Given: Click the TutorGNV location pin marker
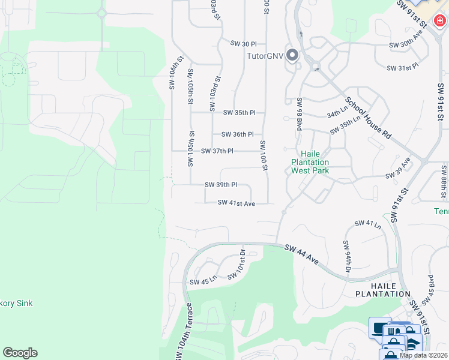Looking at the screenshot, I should [x=292, y=56].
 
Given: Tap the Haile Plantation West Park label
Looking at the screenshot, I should [x=310, y=162].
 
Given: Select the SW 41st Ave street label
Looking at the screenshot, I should [x=237, y=203].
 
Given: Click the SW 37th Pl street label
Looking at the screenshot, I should [x=217, y=151].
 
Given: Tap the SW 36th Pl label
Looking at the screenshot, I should [x=237, y=134].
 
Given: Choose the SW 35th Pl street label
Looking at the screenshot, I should [x=240, y=113].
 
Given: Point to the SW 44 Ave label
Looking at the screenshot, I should [x=301, y=253].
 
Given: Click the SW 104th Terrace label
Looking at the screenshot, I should [x=185, y=332].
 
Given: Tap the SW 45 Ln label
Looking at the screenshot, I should [x=202, y=282].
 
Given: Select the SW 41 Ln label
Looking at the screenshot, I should [x=368, y=224].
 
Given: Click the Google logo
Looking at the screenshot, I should [x=20, y=353].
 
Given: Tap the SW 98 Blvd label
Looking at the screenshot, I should [x=298, y=114].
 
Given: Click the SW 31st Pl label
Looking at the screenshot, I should [x=402, y=68].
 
